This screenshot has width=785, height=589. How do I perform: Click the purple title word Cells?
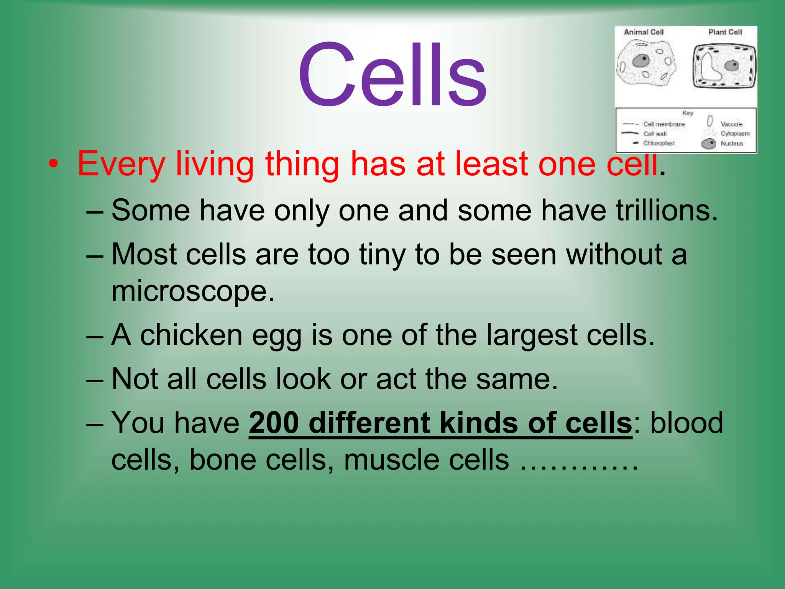click(392, 75)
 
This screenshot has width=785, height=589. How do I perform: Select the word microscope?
click(193, 291)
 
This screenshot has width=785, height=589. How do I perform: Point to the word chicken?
click(191, 335)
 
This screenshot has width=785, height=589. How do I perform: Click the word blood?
click(686, 423)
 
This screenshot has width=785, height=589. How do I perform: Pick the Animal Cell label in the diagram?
click(644, 32)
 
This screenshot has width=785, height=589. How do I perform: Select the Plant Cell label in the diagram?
click(725, 32)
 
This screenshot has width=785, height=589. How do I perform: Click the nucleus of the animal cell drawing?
click(640, 61)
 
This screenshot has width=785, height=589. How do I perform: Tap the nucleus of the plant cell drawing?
click(732, 65)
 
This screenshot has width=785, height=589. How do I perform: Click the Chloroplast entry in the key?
click(659, 143)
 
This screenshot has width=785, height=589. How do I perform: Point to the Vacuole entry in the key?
click(731, 124)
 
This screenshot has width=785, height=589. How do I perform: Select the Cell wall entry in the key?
click(655, 133)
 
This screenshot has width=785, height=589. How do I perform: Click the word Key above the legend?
click(688, 113)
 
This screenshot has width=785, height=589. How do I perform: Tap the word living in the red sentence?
click(215, 164)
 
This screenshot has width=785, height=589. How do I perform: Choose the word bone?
click(223, 459)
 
